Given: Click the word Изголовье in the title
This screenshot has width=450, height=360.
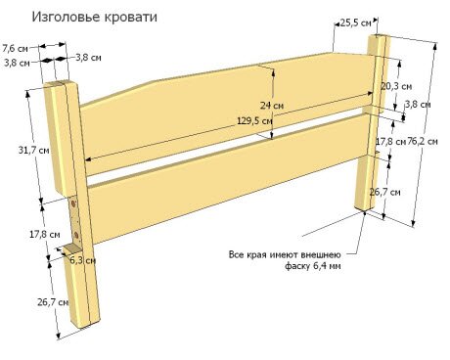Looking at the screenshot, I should pos(66,18).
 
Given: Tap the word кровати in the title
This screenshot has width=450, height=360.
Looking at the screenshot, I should pos(129,18).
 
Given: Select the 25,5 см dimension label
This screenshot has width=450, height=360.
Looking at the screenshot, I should pos(355,20).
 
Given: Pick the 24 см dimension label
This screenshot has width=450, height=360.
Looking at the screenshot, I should pos(271,106).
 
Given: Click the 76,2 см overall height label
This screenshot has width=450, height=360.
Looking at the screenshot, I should pos(424,141).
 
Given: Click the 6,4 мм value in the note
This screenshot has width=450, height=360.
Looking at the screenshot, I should pos(328,266).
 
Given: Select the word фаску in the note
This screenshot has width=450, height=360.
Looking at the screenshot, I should pos(297,266).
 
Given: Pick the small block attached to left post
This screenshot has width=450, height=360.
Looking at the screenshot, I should pos(72,256).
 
